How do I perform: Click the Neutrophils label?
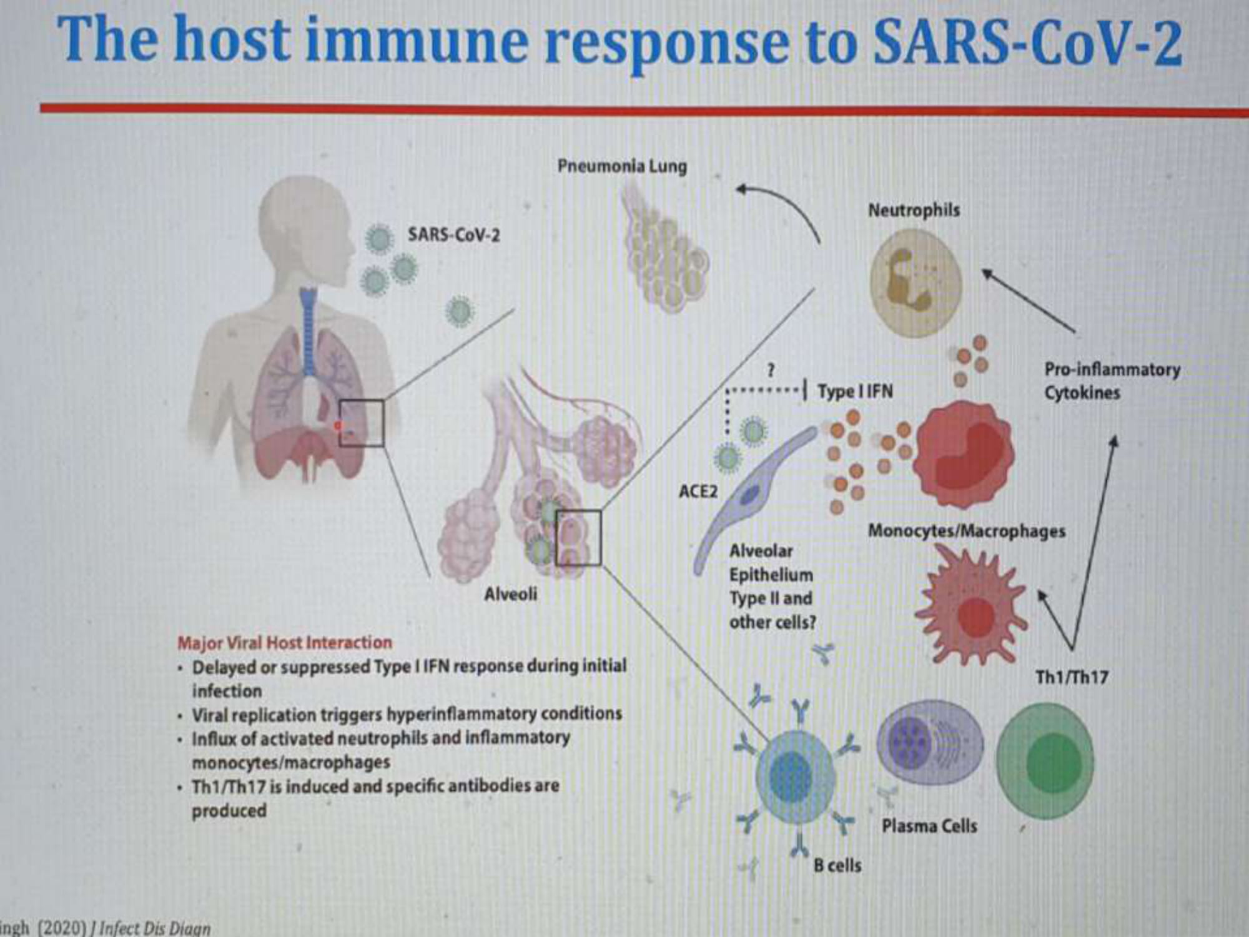coord(914,211)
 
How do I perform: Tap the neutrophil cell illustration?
coord(916,282)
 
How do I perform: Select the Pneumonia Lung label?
coord(622,166)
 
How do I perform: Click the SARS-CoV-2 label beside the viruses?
coord(454,235)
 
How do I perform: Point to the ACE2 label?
coord(698,492)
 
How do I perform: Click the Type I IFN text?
coord(856,392)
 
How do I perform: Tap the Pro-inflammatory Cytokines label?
coord(1112,380)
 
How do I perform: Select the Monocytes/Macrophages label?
coord(967,531)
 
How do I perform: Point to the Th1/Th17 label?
coord(1072,677)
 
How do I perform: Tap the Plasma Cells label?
coord(929,826)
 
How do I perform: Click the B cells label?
coord(837,865)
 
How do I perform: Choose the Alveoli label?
coord(510,593)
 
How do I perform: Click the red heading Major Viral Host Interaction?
coord(285,642)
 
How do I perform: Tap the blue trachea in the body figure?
coord(308,331)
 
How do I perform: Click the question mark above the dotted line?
coord(771,370)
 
